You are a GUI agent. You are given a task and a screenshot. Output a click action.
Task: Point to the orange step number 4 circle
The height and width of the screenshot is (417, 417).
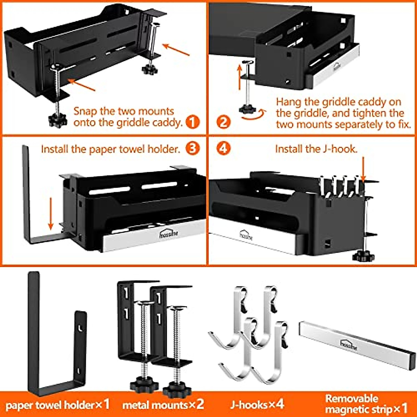tap(223, 148)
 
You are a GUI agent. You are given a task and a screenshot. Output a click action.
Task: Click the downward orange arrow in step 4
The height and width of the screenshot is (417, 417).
tap(363, 169)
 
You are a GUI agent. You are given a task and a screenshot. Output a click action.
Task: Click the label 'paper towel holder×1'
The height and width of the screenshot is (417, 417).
tap(57, 404)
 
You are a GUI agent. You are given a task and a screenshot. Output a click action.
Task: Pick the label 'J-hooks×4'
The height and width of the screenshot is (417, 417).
tap(257, 404)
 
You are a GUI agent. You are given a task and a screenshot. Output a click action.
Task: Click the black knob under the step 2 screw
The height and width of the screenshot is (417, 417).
tap(247, 109)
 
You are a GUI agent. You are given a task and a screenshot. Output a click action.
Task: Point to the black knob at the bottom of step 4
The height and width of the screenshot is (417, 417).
tap(363, 256)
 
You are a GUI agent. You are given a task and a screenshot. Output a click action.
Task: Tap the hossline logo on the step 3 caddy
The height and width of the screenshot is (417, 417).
tap(169, 233)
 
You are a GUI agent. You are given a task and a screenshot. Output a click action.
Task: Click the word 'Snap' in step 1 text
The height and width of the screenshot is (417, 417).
tap(85, 111)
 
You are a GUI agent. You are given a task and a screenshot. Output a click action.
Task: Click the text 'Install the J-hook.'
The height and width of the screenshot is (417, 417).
tap(316, 149)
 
